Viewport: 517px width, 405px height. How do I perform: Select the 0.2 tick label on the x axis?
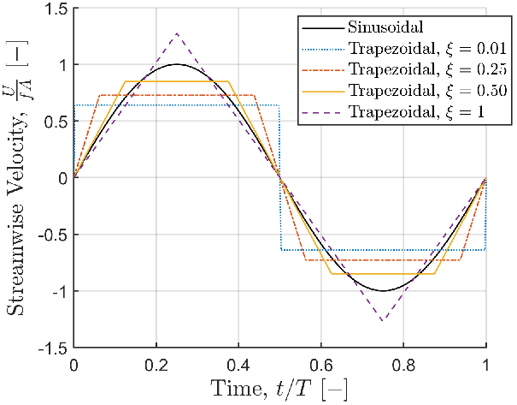[x=156, y=366]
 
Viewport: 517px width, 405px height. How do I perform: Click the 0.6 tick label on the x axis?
[x=320, y=366]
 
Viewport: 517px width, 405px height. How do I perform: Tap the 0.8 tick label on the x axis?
[x=403, y=366]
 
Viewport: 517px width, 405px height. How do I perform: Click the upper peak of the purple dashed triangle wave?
[x=177, y=33]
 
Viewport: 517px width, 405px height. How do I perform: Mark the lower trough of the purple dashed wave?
[x=383, y=320]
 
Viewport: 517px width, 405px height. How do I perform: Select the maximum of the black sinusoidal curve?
[x=177, y=64]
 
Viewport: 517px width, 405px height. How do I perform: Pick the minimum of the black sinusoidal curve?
[x=383, y=291]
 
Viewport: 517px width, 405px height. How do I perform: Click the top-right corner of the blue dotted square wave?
[x=279, y=105]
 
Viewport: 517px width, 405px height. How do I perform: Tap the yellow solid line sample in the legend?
[x=323, y=91]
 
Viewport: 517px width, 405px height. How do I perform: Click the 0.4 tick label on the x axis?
[x=238, y=366]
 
